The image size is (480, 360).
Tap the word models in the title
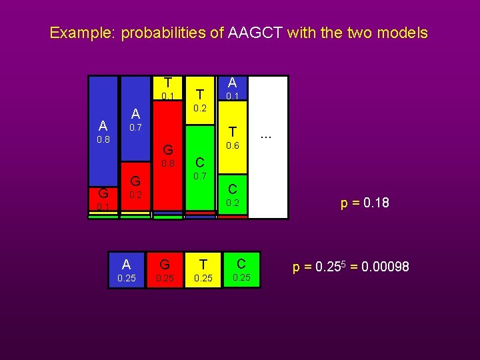[402, 33]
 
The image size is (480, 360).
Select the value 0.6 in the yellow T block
[232, 146]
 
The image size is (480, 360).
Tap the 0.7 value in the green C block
[200, 177]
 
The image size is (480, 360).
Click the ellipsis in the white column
[266, 136]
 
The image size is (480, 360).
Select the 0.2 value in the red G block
[135, 195]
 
